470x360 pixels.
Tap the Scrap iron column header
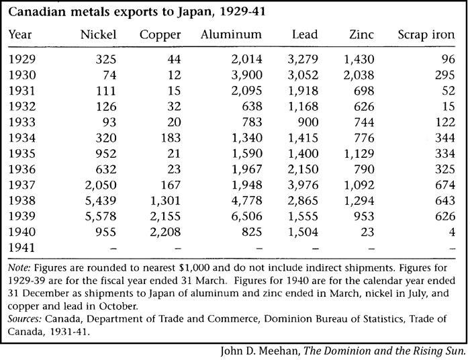tap(426, 35)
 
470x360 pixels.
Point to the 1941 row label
tap(22, 248)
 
